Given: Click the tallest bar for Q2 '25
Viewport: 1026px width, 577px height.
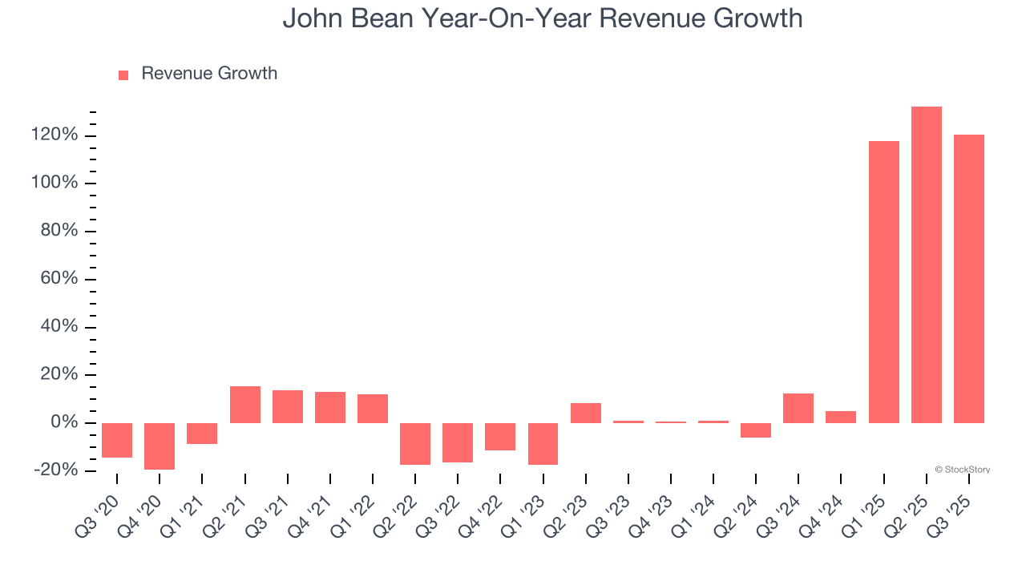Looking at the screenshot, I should (x=927, y=264).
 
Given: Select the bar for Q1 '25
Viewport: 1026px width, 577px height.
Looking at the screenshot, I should (x=884, y=282).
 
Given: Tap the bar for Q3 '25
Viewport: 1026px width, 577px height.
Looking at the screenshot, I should (x=969, y=279).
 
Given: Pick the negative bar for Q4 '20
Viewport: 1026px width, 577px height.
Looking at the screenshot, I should (x=160, y=446).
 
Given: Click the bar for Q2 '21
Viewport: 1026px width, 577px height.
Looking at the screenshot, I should (x=245, y=405).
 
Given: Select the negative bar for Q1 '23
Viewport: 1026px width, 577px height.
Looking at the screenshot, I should (x=543, y=443).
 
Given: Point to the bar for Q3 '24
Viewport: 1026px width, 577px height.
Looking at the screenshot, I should (x=798, y=408).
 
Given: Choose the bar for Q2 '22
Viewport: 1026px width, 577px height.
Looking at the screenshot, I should (x=415, y=443).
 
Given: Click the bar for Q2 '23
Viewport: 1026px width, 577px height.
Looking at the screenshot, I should (x=586, y=413).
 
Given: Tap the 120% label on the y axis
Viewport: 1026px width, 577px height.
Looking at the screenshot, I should (x=55, y=135).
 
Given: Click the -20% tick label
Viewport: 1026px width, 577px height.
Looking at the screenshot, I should (x=56, y=470).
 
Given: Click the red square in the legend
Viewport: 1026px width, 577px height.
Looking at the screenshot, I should (x=123, y=75).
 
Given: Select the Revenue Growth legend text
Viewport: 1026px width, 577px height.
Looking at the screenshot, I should (x=209, y=74).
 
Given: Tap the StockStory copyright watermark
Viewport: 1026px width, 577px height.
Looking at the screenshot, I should (x=963, y=470).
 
